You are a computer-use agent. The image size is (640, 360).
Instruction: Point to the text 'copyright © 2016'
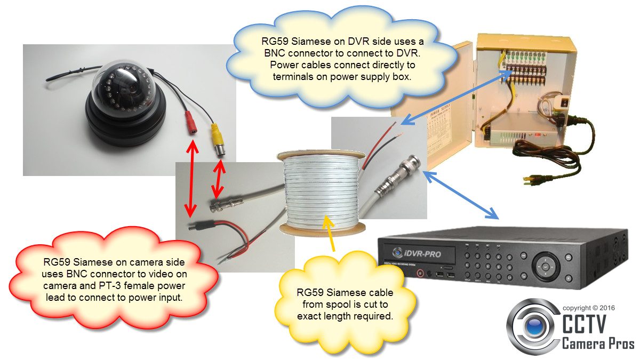(589, 308)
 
